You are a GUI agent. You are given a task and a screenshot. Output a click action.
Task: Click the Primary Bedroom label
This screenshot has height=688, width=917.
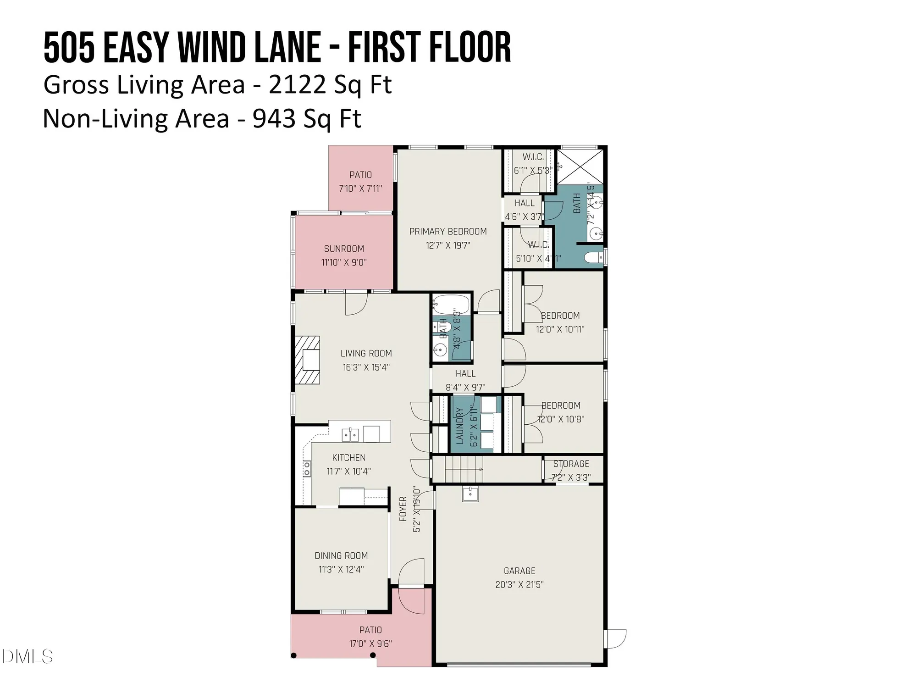coord(448,232)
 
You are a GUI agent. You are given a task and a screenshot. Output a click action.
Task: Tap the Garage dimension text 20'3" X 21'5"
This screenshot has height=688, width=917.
coord(519,585)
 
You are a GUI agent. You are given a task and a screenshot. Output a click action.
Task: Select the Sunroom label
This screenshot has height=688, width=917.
coord(344,249)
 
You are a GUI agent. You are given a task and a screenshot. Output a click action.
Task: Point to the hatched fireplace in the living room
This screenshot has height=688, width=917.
coord(307,360)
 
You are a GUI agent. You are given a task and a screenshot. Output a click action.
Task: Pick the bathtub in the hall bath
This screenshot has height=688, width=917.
coord(452,304)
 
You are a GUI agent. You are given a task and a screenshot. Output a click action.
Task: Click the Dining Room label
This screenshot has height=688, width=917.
coord(341,556)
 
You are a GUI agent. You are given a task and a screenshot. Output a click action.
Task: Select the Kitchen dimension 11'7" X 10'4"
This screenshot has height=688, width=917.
coord(348,471)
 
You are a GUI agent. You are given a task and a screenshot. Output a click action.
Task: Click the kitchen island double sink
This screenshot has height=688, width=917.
coord(350,434)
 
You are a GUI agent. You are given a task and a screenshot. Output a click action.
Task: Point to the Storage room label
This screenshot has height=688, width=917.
coord(571,464)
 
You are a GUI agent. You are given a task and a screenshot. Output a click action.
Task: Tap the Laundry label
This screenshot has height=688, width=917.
coord(460,426)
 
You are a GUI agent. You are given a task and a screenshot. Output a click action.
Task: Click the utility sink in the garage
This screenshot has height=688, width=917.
coord(470,494)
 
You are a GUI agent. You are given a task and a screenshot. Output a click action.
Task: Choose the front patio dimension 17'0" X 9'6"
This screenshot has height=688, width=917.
coord(370,644)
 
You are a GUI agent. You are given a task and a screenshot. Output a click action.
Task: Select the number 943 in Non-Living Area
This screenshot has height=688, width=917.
coord(274,119)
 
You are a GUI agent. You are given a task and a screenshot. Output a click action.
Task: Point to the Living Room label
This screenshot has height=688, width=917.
coord(366,354)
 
